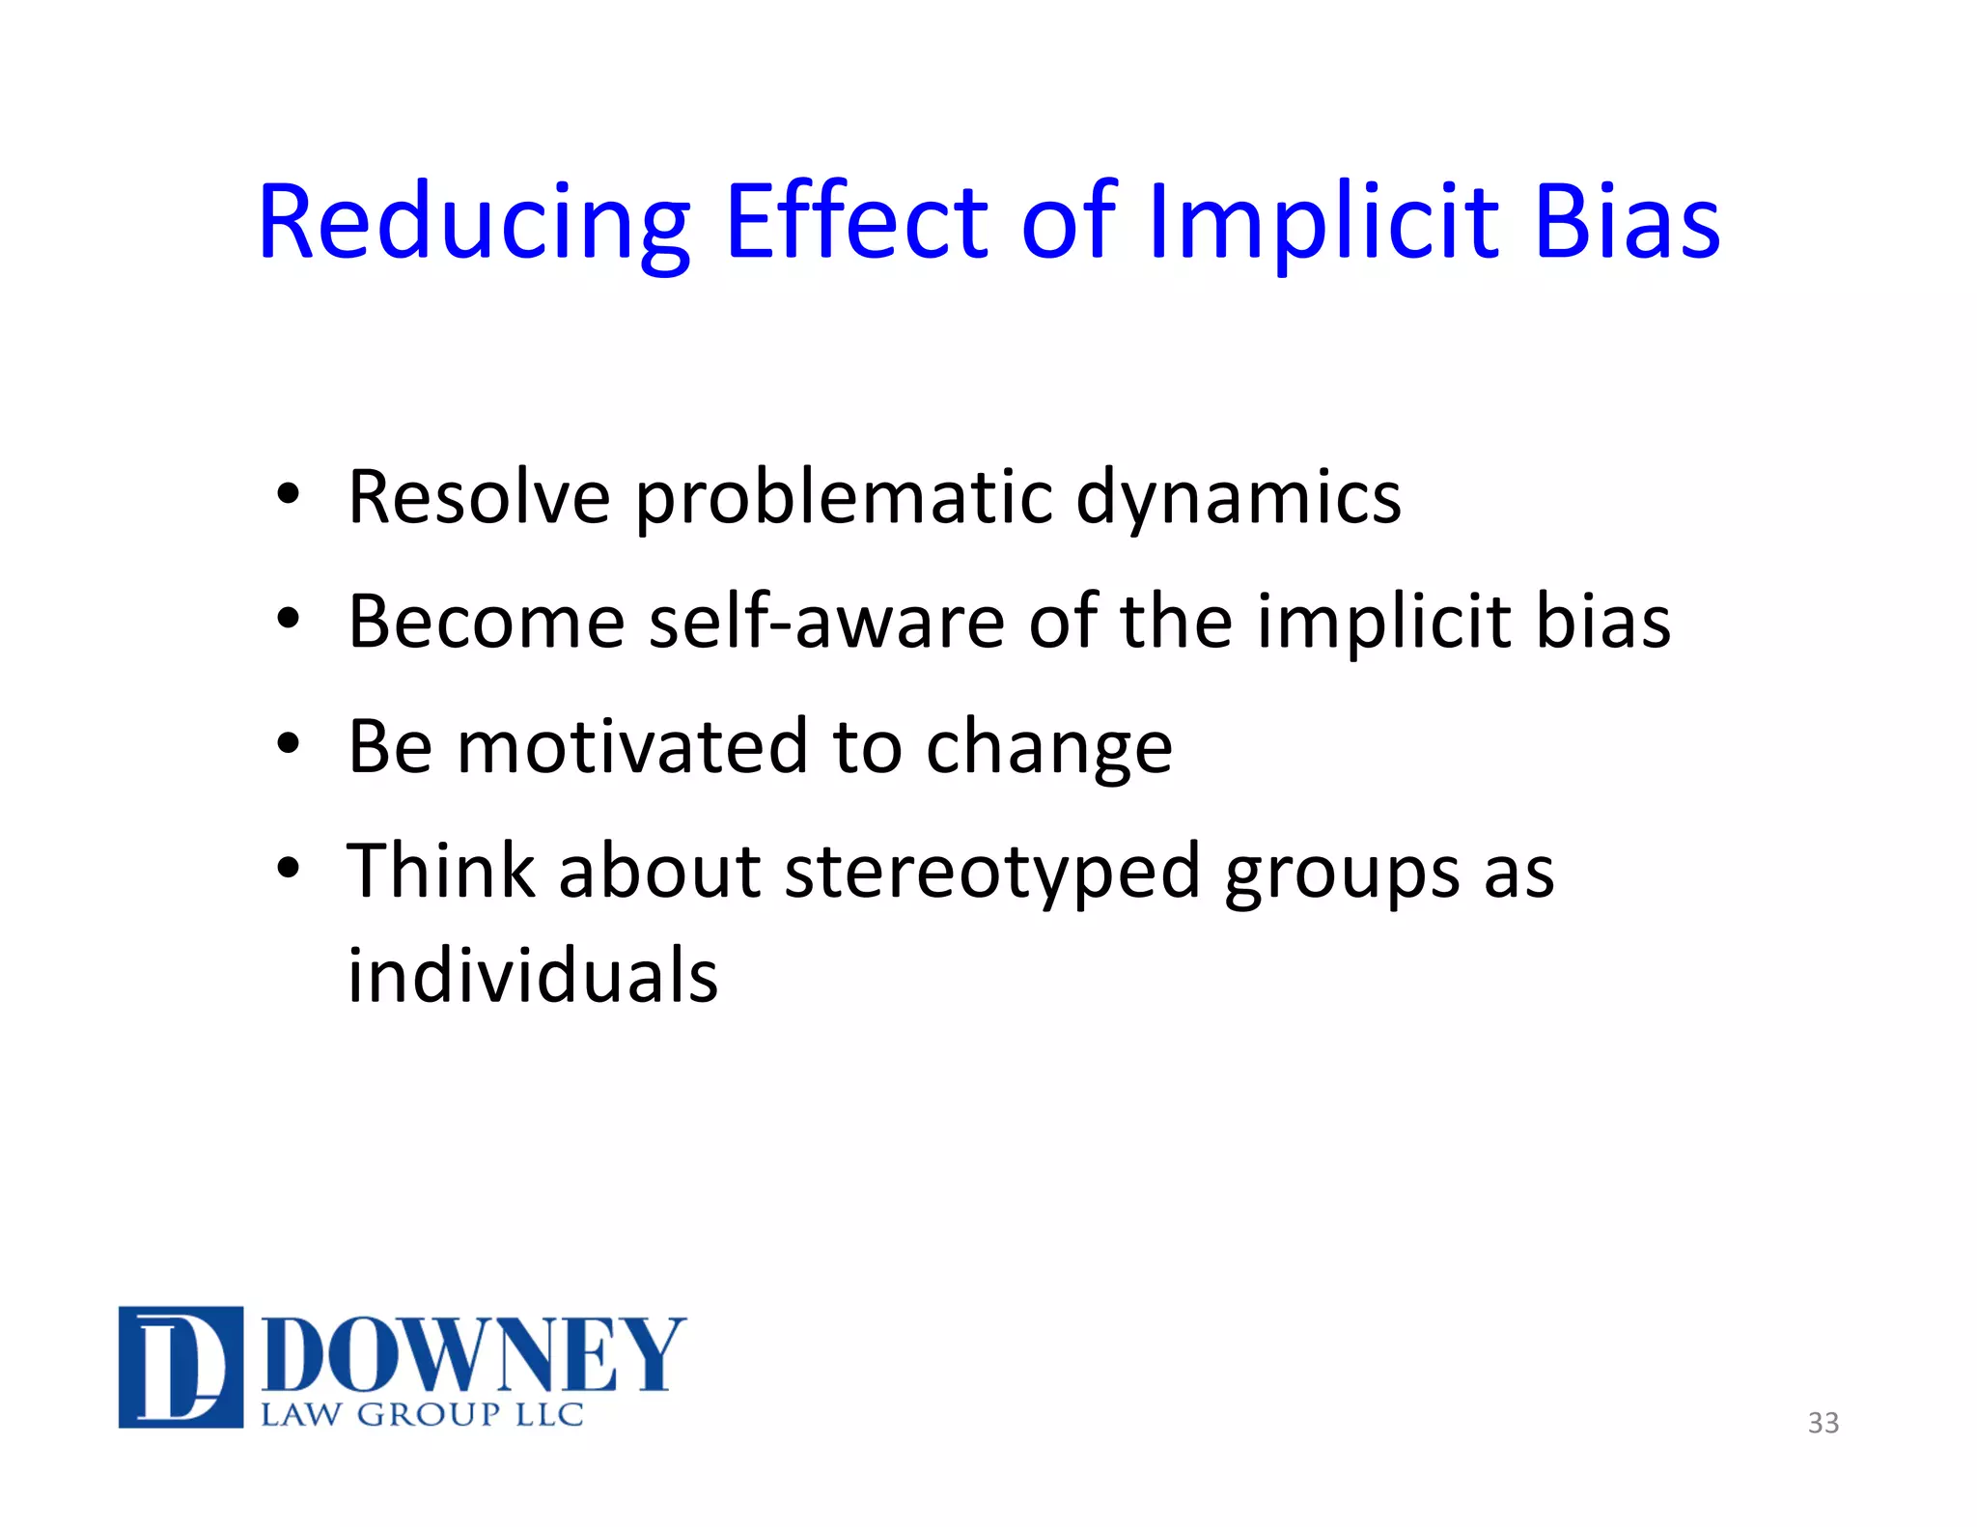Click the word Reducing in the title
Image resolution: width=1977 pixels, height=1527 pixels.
(474, 224)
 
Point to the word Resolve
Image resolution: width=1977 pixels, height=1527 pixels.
(479, 497)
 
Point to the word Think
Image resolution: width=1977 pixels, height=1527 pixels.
(440, 872)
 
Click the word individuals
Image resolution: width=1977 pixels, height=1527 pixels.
(533, 976)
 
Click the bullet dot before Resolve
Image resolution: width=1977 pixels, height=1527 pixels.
(288, 496)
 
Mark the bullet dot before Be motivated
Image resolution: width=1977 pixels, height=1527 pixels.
(288, 745)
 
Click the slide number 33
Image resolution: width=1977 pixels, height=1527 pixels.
(1823, 1423)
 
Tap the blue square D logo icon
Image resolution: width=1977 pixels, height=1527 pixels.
(181, 1367)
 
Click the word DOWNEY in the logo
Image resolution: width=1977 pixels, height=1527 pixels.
(473, 1355)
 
